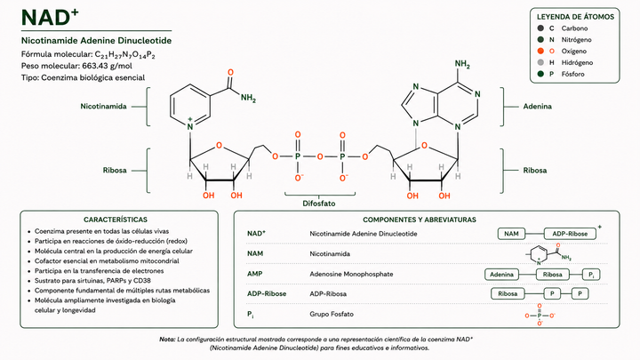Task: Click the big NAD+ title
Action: [50, 17]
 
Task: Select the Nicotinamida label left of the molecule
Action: [103, 106]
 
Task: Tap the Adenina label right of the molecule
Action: [537, 106]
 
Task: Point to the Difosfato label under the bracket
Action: [319, 204]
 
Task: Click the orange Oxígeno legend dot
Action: [540, 51]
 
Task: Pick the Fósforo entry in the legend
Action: [566, 74]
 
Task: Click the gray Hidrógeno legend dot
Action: [540, 62]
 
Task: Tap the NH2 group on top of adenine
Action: [462, 64]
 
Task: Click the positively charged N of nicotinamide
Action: [190, 125]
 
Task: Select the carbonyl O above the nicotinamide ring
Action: [230, 73]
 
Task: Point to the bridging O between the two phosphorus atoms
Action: [320, 156]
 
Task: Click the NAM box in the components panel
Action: [511, 234]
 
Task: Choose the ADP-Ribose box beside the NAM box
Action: [570, 234]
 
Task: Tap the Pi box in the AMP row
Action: [591, 275]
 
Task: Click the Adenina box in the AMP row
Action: [501, 275]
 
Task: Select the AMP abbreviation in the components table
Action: [255, 274]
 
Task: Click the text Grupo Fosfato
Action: [332, 314]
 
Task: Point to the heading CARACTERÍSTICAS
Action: [116, 220]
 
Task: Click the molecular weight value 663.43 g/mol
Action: [107, 66]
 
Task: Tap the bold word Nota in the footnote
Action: [167, 340]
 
